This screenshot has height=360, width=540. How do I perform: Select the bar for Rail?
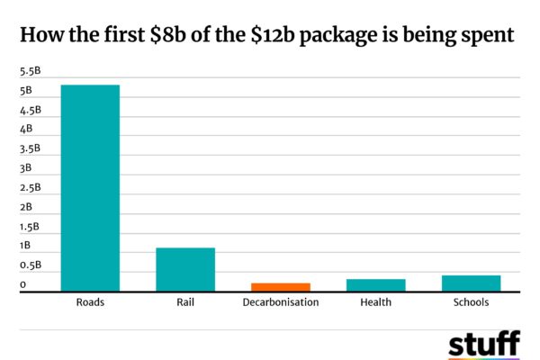pos(185,269)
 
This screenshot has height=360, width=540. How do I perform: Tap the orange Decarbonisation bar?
pos(281,286)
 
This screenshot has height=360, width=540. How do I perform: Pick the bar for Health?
pos(376,284)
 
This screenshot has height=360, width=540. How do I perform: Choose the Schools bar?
pos(472,283)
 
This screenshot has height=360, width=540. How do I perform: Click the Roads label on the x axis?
pos(90,302)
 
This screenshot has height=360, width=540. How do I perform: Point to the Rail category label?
pos(185,302)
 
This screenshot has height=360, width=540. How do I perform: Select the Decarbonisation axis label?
pos(281,302)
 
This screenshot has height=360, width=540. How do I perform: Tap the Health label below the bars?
pos(376,302)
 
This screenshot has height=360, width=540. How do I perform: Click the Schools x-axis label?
pos(472,302)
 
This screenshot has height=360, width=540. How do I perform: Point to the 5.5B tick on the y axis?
pos(31,71)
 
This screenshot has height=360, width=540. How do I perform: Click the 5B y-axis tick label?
pos(26,91)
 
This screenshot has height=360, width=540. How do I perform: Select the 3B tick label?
pos(26,168)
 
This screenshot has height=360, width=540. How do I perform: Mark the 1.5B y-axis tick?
pos(31,227)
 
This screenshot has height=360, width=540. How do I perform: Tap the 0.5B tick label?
pos(31,265)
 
